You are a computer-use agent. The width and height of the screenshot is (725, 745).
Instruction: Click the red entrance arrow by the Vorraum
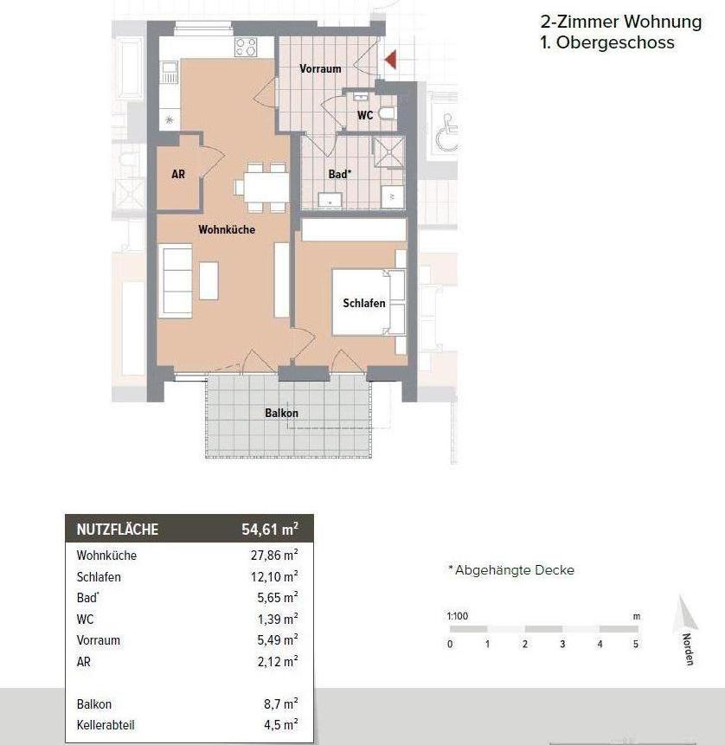click(x=391, y=60)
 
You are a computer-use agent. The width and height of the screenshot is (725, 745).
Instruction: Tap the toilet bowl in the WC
click(x=388, y=113)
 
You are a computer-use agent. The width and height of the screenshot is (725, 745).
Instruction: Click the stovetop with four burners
click(x=246, y=47)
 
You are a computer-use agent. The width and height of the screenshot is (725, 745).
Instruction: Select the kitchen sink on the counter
click(x=169, y=72)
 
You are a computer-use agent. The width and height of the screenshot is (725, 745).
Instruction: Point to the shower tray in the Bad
click(x=388, y=151)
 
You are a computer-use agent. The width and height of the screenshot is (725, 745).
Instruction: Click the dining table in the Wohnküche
click(x=266, y=187)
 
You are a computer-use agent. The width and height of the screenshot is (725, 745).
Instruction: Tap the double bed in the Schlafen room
click(x=369, y=302)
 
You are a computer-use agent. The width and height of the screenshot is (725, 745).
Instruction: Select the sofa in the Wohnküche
click(x=176, y=281)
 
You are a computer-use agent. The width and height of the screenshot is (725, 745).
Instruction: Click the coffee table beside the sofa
click(x=209, y=281)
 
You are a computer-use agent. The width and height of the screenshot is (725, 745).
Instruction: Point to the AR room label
click(x=178, y=175)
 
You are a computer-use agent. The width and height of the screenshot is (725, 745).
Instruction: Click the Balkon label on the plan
click(x=282, y=413)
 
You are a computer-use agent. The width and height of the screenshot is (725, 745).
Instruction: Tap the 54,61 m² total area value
click(x=270, y=529)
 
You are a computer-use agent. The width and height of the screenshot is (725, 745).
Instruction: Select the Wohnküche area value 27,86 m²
click(x=274, y=555)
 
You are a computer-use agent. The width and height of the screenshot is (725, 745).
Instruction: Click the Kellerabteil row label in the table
click(x=106, y=725)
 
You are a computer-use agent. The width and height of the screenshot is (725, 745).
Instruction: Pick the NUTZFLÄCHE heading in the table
click(x=118, y=530)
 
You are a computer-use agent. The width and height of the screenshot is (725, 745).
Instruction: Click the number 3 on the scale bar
click(x=562, y=645)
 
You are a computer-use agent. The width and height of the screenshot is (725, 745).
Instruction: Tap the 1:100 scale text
click(x=458, y=616)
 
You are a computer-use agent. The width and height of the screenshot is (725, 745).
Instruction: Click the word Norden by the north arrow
click(x=688, y=649)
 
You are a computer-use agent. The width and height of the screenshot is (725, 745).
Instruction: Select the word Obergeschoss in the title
click(x=615, y=42)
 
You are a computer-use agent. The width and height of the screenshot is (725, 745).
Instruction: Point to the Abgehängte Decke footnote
click(x=511, y=570)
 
